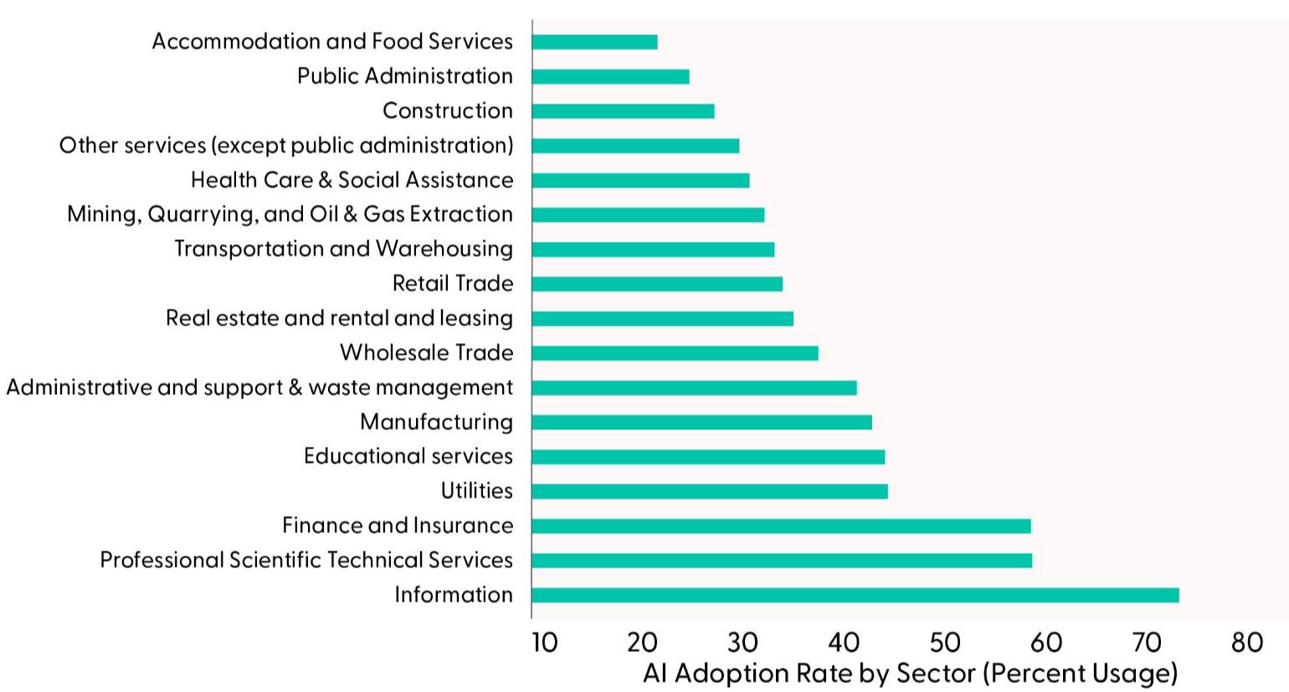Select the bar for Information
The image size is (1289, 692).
pos(855,595)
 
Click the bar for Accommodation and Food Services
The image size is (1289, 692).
pos(594,42)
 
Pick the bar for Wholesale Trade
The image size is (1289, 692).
pos(675,353)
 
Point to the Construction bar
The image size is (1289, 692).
pos(623,111)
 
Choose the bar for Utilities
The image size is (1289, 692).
pos(709,491)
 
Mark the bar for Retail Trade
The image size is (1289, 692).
pos(657,284)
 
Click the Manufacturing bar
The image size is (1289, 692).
pos(701,422)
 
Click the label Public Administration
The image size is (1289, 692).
pos(405,76)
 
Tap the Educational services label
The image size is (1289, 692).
pos(408,456)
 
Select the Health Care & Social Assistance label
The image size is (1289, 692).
pos(352,180)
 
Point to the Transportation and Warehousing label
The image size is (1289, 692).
pos(344,249)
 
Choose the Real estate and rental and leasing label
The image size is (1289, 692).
pos(340,318)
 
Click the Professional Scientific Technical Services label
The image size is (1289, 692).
pos(306,560)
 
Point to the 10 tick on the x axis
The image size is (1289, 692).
pos(545,642)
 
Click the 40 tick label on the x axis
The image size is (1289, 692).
pos(843,642)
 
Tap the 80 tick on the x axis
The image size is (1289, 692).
pos(1246,642)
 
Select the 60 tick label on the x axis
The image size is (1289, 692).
pos(1045,642)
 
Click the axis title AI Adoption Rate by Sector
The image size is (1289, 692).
pos(910,673)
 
